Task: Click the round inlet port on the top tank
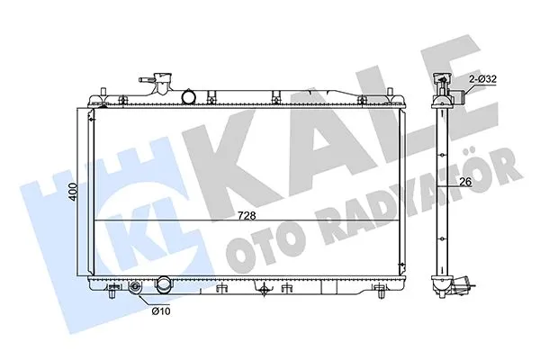tap(189, 95)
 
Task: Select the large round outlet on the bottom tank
tap(165, 287)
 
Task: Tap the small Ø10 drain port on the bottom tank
tap(136, 289)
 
